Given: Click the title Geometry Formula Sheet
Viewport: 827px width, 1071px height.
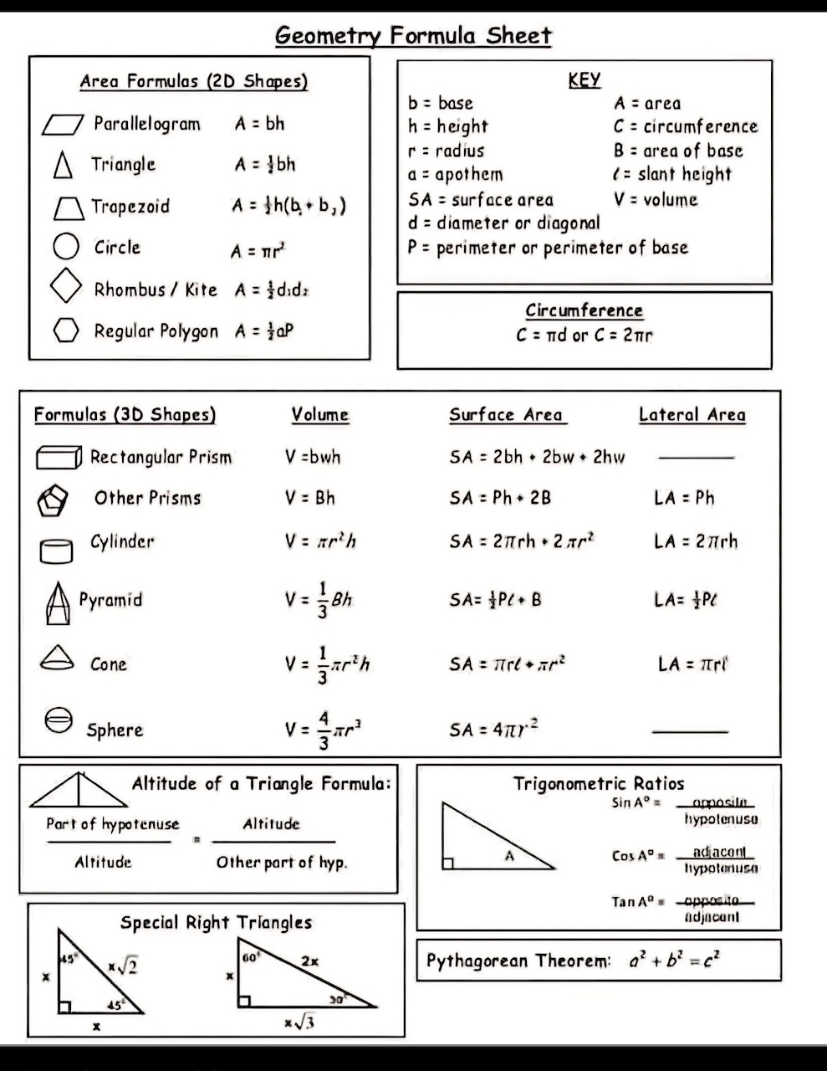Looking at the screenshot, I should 413,36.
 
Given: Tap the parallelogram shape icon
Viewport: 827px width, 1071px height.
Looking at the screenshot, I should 63,125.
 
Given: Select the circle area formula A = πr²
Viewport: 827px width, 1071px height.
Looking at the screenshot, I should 259,250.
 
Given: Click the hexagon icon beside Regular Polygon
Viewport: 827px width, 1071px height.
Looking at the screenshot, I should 65,331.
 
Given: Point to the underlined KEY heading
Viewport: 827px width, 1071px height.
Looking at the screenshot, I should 584,80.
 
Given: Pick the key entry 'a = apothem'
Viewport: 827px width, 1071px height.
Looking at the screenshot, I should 456,174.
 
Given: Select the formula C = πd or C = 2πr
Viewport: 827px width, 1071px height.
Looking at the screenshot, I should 584,335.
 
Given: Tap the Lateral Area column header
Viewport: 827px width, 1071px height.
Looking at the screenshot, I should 692,414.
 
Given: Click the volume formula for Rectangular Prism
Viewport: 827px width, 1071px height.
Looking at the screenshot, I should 313,457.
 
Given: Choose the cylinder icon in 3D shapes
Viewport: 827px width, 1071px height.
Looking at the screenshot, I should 56,550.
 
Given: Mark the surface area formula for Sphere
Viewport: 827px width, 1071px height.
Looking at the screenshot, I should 493,729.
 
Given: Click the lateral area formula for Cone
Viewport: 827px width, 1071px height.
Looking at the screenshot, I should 693,664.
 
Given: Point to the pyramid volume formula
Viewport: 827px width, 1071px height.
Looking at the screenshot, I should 319,600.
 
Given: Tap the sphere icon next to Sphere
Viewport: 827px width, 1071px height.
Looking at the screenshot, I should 59,720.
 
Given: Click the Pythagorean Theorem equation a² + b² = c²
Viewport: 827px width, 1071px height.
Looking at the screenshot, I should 675,960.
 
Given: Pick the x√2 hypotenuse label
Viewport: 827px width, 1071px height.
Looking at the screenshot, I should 122,966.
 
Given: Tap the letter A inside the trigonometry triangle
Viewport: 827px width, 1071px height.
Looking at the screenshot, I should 509,855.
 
